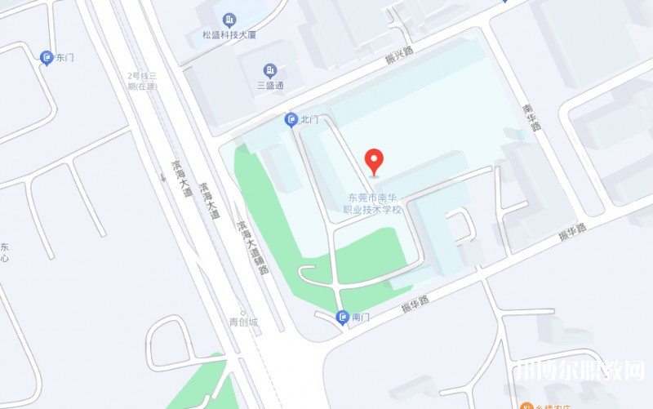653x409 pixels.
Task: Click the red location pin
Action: pyautogui.click(x=374, y=160)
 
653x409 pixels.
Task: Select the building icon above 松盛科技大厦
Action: pyautogui.click(x=229, y=19)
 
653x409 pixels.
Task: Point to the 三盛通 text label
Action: pyautogui.click(x=270, y=85)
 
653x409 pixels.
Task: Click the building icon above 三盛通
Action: pyautogui.click(x=270, y=69)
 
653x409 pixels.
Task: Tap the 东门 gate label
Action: pyautogui.click(x=64, y=58)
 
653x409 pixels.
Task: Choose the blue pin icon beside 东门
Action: pyautogui.click(x=47, y=58)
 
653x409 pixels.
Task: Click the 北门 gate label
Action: pyautogui.click(x=309, y=120)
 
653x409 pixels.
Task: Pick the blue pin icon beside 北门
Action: pyautogui.click(x=291, y=120)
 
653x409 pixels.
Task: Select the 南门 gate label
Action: pyautogui.click(x=361, y=317)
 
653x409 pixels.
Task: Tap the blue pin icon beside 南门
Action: pyautogui.click(x=343, y=317)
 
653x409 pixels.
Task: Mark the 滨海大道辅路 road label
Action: pyautogui.click(x=252, y=246)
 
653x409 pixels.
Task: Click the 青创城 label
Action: pyautogui.click(x=242, y=322)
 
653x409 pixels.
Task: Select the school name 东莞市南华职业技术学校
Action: pyautogui.click(x=375, y=203)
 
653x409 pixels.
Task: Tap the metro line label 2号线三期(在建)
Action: pyautogui.click(x=143, y=81)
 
